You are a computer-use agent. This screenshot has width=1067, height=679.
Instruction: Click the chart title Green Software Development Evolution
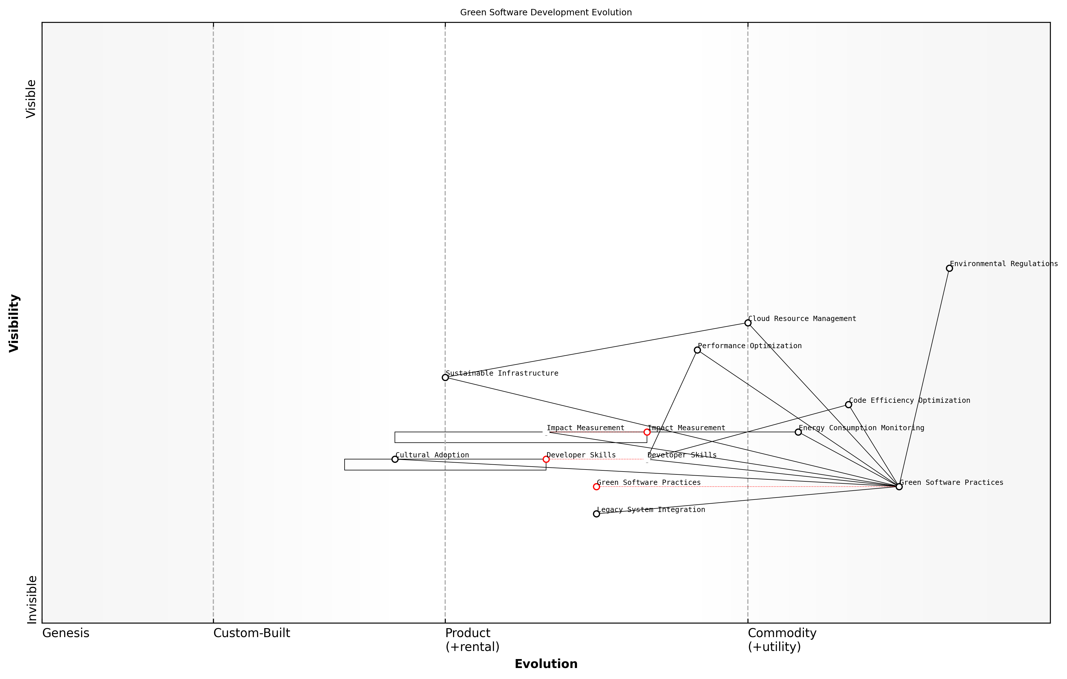click(545, 12)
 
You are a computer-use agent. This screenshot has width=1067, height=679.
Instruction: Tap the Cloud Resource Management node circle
click(748, 323)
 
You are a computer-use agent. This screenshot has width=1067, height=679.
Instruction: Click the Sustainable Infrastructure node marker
click(445, 377)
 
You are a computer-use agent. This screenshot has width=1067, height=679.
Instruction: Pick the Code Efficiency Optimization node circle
click(848, 405)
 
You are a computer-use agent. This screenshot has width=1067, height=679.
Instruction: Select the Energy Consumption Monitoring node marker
click(798, 432)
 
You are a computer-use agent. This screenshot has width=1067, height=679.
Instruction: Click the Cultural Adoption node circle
click(395, 459)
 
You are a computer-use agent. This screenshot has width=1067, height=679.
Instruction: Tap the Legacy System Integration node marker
click(596, 514)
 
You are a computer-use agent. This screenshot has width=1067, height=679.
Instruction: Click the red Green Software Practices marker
click(596, 487)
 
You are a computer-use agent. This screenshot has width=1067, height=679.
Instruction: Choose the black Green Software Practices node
click(899, 487)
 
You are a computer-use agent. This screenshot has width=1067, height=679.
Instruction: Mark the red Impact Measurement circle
click(647, 432)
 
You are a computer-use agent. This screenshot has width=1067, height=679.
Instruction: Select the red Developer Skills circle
click(546, 459)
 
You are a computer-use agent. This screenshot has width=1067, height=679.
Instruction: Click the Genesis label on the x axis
click(66, 633)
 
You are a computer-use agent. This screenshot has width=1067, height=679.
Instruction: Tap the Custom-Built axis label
click(252, 633)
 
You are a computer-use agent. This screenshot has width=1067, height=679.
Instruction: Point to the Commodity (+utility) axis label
click(782, 640)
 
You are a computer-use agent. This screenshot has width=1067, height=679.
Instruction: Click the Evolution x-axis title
click(545, 664)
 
